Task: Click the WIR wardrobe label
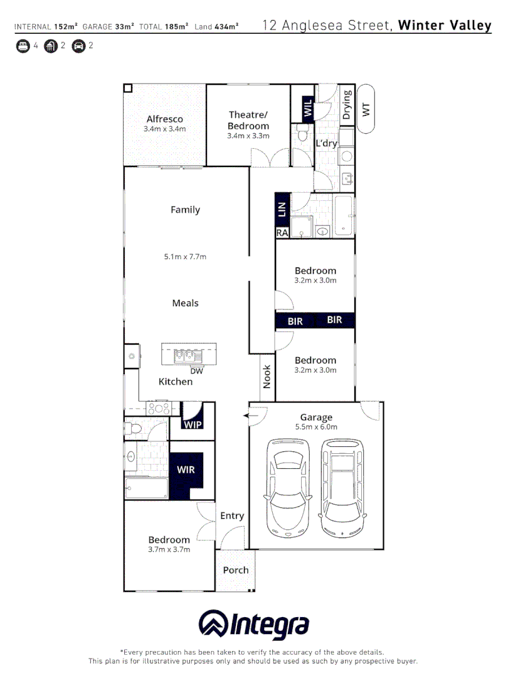coord(185,469)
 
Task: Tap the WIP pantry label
coord(193,424)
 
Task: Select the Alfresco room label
coord(165,119)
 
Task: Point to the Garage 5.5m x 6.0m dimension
coord(316,427)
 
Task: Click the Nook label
coord(267,376)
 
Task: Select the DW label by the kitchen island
coord(196,370)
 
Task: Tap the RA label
coord(282,233)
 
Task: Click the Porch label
coord(236,570)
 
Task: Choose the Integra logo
coord(254,625)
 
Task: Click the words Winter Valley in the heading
coord(445,26)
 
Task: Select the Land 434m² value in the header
coord(217,26)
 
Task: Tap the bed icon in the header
coord(23,46)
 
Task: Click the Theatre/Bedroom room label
coord(248,120)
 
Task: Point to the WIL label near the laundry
coord(307,107)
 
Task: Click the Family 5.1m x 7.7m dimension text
coord(185,256)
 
